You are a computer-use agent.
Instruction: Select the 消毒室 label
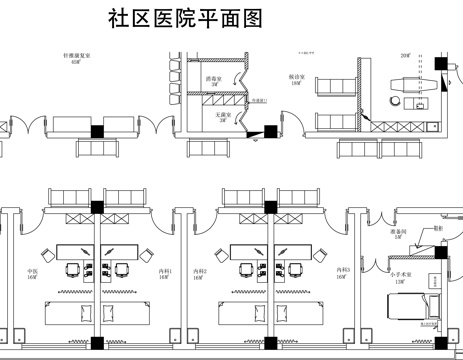(212, 77)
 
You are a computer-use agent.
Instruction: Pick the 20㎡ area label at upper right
(406, 56)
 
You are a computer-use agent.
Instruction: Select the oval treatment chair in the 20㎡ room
(411, 83)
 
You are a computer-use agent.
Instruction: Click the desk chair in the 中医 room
(72, 270)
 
